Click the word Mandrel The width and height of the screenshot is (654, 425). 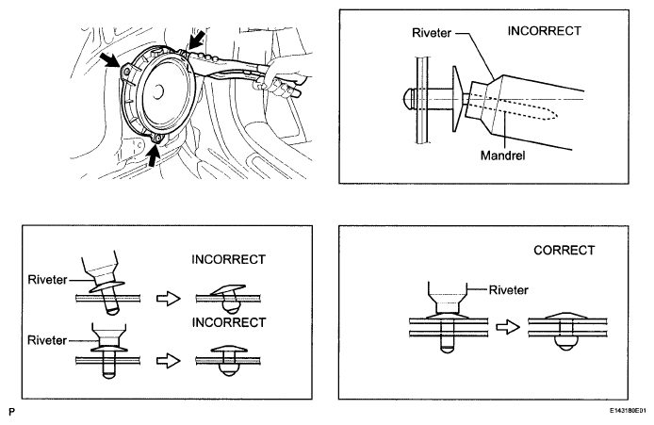point(502,156)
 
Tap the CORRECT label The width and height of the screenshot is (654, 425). point(564,251)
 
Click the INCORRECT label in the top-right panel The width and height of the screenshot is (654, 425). point(545,31)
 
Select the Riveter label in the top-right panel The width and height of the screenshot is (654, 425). point(432,33)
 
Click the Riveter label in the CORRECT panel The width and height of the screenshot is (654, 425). point(509,290)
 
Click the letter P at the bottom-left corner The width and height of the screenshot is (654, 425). point(11,412)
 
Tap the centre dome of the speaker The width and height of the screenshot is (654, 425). point(157,91)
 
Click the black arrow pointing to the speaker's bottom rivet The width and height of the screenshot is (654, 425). point(154,155)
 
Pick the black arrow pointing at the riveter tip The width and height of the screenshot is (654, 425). point(196,40)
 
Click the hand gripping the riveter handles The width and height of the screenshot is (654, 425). point(280,78)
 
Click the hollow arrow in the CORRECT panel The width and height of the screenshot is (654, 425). point(508,327)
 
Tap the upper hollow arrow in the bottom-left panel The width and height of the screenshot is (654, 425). point(168,299)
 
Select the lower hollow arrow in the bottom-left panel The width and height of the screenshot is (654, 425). point(168,361)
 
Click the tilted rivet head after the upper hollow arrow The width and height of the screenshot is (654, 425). point(228,290)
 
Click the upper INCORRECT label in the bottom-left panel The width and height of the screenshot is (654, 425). point(228,259)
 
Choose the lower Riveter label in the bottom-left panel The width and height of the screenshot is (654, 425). point(47,340)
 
